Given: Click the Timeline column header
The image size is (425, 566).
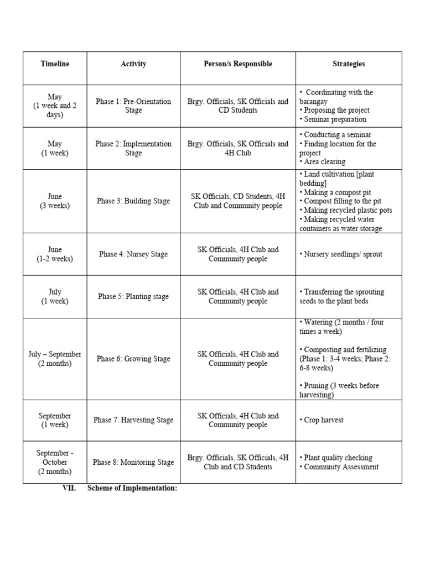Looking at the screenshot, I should [55, 64].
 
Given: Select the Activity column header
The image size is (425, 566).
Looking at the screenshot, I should [133, 64].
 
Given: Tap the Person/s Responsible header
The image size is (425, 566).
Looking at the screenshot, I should [238, 64].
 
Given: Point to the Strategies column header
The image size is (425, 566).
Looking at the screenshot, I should [349, 64].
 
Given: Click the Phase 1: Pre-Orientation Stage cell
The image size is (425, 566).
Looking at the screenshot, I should [133, 106].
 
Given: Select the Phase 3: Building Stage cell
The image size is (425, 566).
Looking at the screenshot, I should [133, 201].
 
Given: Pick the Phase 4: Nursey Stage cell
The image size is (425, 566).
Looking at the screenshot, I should [133, 254].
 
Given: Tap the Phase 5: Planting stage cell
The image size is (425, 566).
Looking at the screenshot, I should [133, 297].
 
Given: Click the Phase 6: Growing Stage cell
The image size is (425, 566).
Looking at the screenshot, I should [133, 359].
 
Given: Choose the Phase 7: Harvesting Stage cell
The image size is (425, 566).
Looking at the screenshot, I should [133, 420].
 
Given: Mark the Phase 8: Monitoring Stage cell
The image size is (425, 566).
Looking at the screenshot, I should [133, 462].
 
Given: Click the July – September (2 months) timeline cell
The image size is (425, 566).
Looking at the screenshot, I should [55, 359].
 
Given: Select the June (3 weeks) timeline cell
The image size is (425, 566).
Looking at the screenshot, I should [55, 201].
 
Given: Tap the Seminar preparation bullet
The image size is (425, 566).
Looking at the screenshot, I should [334, 119].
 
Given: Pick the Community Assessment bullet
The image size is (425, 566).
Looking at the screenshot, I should [341, 467].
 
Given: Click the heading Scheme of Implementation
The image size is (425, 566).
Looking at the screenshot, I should [132, 489].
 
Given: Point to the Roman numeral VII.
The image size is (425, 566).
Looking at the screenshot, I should [69, 489].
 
